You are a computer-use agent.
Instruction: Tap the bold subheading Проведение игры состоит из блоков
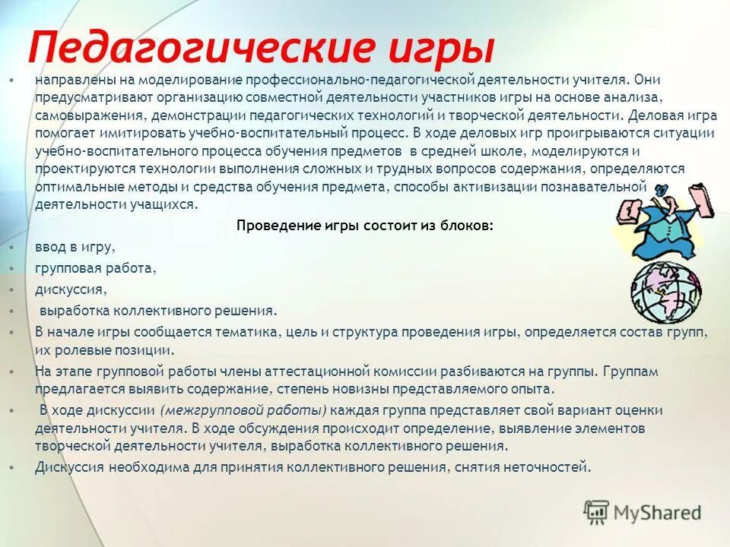[365, 226]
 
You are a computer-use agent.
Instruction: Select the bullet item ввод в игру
[75, 247]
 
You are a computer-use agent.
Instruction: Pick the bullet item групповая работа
[95, 268]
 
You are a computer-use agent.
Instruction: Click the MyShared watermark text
[659, 513]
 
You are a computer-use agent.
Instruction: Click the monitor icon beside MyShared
[598, 512]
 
